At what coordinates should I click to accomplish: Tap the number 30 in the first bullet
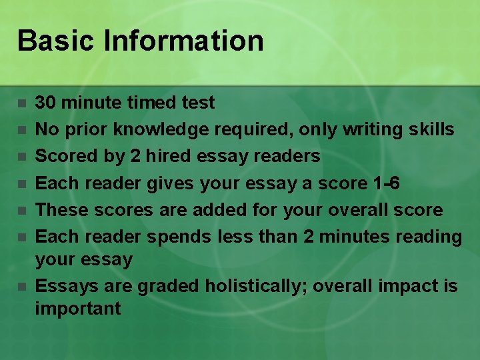[x=45, y=103]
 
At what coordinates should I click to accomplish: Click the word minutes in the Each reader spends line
[x=350, y=237]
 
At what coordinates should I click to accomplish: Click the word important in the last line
[x=78, y=309]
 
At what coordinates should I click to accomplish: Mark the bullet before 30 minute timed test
[x=22, y=103]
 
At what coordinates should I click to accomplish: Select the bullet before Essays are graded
[x=22, y=287]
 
